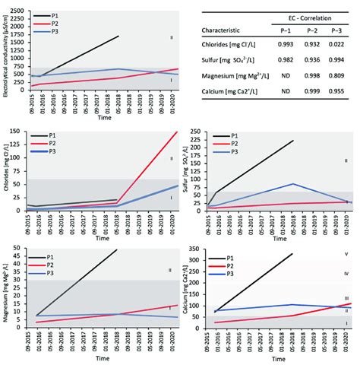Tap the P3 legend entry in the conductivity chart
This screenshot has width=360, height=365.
click(57, 33)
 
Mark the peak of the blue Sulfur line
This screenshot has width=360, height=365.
click(292, 183)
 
